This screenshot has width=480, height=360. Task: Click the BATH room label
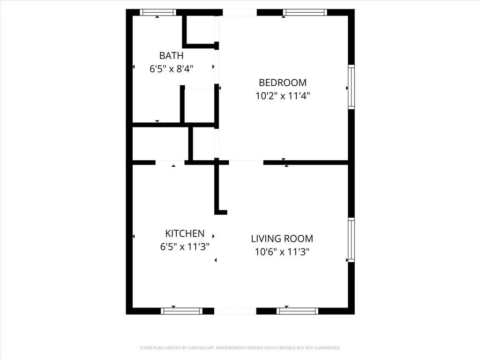[x=171, y=56]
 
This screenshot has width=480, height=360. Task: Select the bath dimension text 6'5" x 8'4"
[x=171, y=69]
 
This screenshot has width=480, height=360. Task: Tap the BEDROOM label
[x=283, y=82]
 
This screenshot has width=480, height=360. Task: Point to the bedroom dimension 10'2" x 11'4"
[x=283, y=96]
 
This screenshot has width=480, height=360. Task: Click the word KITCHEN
[x=185, y=233]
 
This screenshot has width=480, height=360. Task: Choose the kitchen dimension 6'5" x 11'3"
[x=185, y=247]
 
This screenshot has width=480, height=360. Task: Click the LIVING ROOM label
[x=282, y=239]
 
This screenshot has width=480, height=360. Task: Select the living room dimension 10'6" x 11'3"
[x=282, y=252]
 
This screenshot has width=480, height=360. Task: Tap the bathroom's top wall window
[x=158, y=13]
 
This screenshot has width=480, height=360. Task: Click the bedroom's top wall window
[x=305, y=13]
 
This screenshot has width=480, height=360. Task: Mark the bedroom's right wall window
[x=352, y=87]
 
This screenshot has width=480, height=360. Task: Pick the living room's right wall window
[x=352, y=240]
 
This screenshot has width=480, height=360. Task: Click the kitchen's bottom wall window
[x=181, y=311]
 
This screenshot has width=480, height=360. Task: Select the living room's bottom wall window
[x=297, y=311]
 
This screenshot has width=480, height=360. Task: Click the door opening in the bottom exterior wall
[x=235, y=311]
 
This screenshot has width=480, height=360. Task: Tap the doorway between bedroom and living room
[x=246, y=163]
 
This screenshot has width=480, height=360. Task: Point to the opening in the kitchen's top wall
[x=170, y=163]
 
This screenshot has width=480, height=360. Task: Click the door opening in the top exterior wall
[x=240, y=13]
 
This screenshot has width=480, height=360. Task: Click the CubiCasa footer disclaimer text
[x=240, y=348]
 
